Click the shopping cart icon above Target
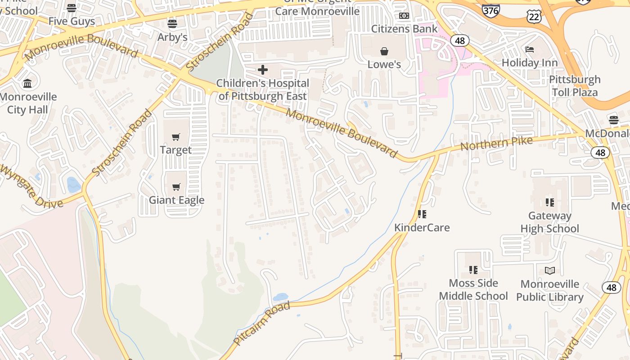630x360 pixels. coord(176,137)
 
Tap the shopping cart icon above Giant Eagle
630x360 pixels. coord(176,187)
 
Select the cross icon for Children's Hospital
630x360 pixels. coord(263,70)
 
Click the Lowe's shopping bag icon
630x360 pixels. coord(384,51)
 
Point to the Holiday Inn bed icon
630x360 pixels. coord(530,49)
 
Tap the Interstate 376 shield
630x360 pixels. coord(490,9)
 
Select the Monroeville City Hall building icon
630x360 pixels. coord(27,83)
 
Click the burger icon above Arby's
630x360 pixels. coord(172,23)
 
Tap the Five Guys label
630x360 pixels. coord(72,21)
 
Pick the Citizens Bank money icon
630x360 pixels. coord(404,16)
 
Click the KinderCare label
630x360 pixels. coord(422,227)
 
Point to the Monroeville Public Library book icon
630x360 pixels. coord(550,270)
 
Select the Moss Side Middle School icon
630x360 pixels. coord(473,270)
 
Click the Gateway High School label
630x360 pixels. coord(549,222)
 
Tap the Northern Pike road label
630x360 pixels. coord(496,144)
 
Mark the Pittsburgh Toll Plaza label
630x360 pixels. coord(575,86)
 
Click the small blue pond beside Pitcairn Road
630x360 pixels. coord(280,297)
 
